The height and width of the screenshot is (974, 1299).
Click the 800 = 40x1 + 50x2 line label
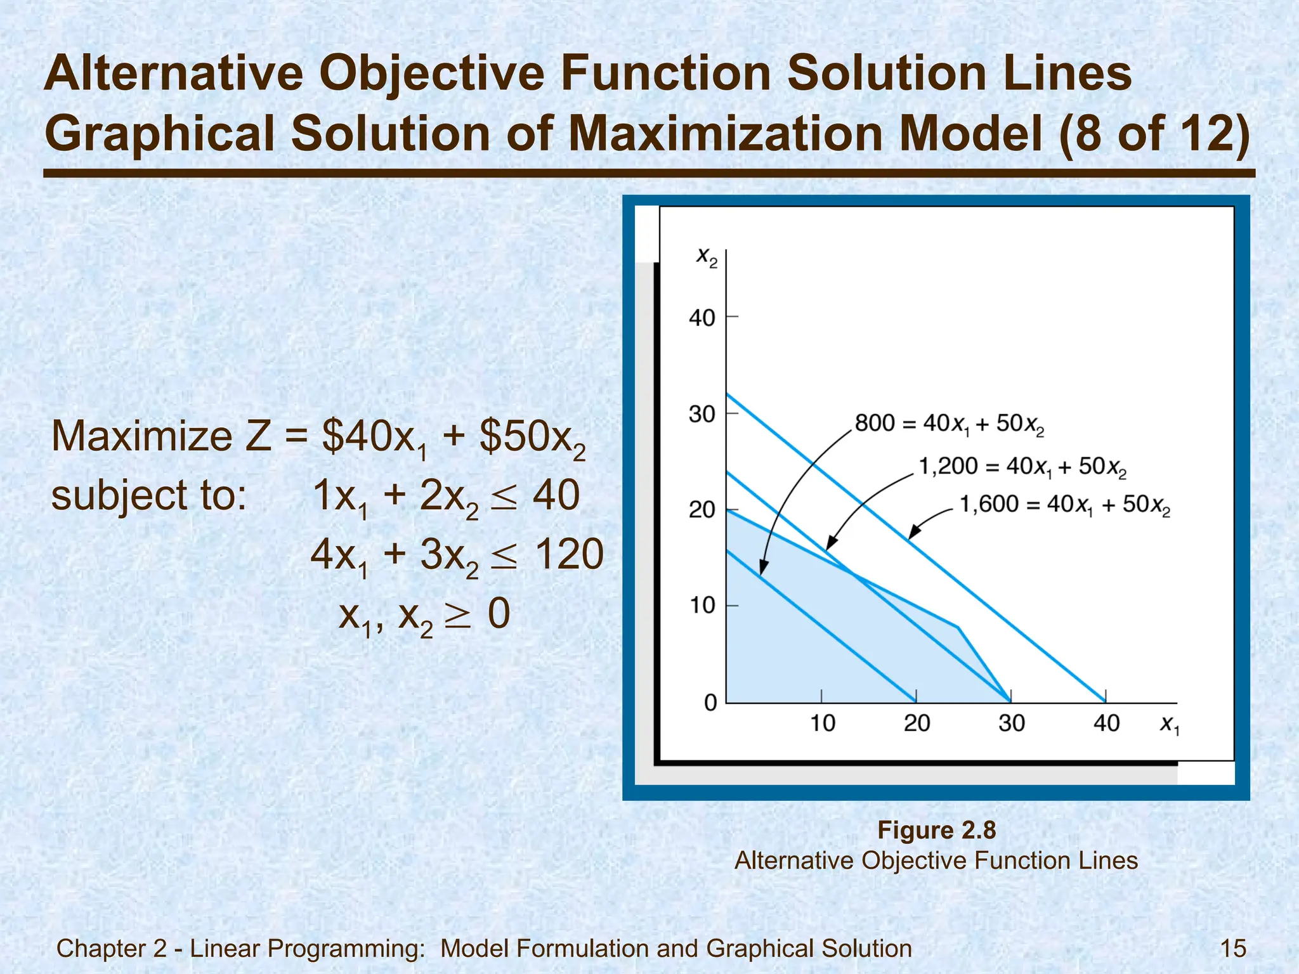[x=949, y=424]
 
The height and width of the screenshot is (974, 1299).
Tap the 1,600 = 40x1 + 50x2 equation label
[x=1064, y=505]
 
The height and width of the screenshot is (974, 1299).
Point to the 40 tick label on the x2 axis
[x=702, y=318]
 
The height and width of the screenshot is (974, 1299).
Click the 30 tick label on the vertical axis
[x=702, y=415]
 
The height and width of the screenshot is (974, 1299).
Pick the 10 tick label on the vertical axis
[x=702, y=606]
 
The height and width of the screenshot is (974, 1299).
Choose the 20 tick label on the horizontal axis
[x=917, y=724]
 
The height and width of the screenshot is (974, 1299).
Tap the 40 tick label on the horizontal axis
[x=1106, y=724]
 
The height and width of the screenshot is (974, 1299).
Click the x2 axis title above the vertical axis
[x=707, y=257]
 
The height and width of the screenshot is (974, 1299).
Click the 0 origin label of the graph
[x=710, y=703]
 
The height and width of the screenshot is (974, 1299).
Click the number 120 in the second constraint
[x=569, y=554]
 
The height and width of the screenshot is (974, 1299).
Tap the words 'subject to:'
[x=148, y=495]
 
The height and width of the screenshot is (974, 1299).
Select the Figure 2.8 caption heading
[x=936, y=830]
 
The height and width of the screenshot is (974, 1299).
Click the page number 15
[x=1233, y=949]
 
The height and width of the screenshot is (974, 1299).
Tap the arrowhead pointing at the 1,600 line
[x=911, y=535]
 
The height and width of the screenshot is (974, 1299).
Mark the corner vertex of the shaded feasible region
[x=958, y=627]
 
